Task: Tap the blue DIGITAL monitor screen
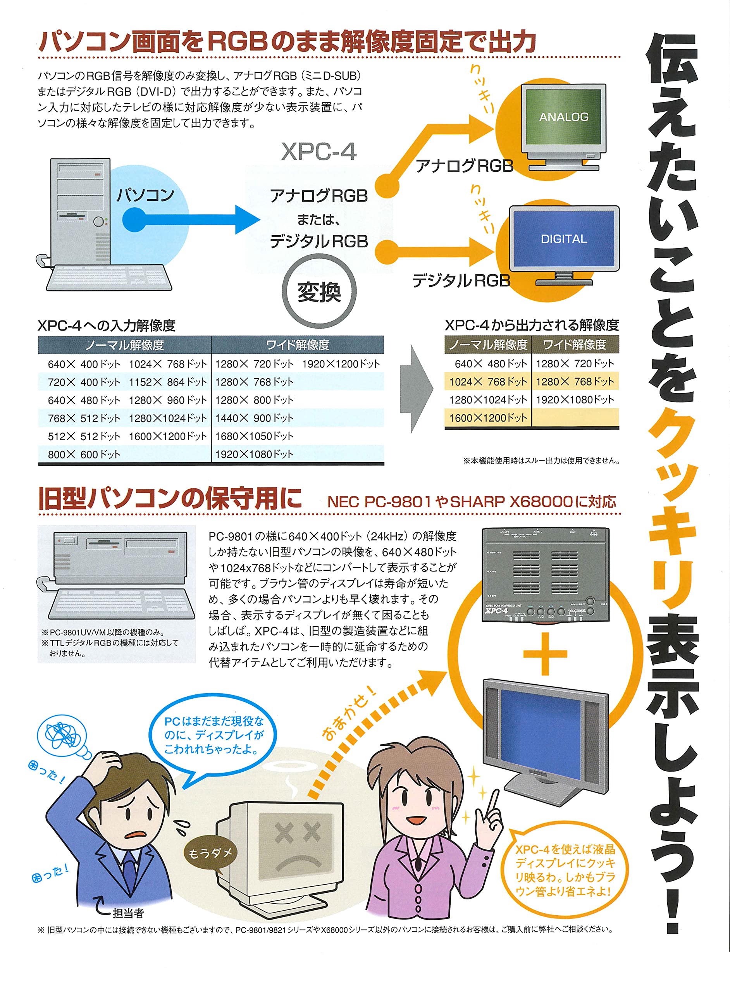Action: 564,239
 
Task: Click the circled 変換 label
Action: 319,292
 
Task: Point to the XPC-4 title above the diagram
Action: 319,152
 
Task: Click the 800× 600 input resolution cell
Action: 84,454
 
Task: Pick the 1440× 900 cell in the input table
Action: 254,418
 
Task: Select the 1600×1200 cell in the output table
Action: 488,418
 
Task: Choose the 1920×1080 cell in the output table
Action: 575,400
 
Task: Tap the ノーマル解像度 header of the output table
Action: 488,344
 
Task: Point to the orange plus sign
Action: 545,654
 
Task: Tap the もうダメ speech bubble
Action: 210,853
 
